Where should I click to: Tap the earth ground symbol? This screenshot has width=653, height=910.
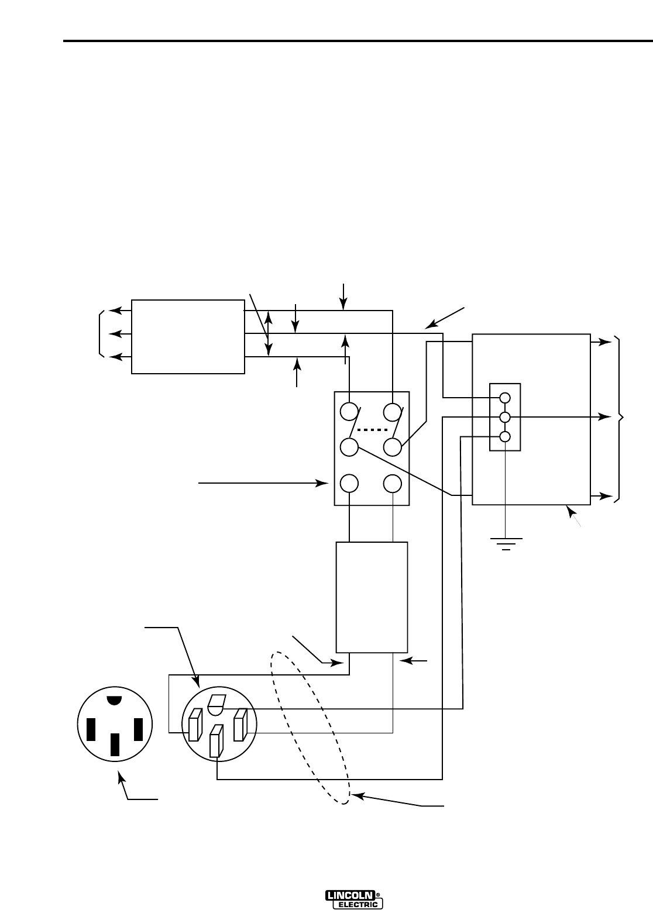(505, 543)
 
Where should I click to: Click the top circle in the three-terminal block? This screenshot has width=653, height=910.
(505, 398)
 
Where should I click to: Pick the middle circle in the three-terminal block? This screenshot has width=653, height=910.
(505, 417)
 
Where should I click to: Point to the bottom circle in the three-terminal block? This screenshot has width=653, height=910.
(505, 436)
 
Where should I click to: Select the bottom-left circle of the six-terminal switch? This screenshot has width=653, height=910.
(349, 483)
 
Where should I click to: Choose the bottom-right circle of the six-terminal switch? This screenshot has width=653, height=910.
(393, 483)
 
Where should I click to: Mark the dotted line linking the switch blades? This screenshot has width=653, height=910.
(371, 430)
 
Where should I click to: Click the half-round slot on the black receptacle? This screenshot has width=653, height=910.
(115, 700)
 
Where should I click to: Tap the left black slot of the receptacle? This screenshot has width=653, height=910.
(91, 729)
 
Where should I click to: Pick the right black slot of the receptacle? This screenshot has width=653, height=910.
(139, 729)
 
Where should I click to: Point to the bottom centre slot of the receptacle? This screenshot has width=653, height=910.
(115, 744)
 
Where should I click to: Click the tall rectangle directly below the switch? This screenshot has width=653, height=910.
(372, 597)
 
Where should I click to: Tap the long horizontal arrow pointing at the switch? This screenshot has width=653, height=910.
(263, 483)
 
